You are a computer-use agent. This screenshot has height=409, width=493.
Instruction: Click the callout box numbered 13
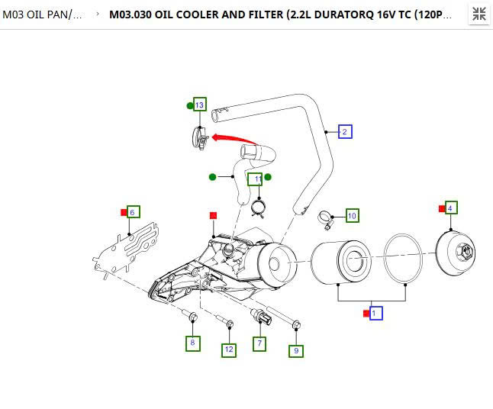point(200,105)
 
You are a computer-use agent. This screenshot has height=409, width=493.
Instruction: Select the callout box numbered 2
point(345,132)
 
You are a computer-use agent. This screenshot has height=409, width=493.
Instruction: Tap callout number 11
point(257,179)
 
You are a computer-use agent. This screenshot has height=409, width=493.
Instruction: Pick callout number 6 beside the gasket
point(133,212)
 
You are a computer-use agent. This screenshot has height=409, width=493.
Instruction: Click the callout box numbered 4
point(450,208)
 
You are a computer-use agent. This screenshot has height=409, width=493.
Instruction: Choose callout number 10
point(352,216)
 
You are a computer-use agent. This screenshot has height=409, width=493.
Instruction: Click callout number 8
point(192,343)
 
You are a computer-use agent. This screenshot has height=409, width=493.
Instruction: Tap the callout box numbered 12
point(229,349)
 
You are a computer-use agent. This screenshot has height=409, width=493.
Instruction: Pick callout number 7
point(259,343)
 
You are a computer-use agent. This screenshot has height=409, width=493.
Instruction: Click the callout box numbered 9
point(296,350)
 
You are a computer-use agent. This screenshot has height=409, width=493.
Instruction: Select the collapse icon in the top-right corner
point(478,14)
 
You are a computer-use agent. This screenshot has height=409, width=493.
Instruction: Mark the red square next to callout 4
point(441,208)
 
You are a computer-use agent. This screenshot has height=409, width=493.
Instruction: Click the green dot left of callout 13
point(190,105)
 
